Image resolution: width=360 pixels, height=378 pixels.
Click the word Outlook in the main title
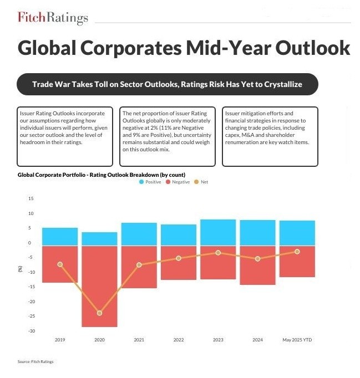pos(305,48)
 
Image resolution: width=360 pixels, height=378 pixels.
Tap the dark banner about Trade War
pos(167,84)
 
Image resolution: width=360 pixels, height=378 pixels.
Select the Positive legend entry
pos(150,182)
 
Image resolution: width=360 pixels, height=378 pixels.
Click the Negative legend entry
pos(178,182)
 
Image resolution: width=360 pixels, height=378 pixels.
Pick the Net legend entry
pos(201,182)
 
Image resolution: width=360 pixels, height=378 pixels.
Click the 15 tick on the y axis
pos(31,198)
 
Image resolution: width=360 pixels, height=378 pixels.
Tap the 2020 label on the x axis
pos(99,340)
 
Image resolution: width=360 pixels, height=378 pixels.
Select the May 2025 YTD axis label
pos(297,340)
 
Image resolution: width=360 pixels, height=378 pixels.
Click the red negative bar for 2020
pos(99,286)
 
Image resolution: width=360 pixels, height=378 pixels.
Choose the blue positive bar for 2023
pos(218,232)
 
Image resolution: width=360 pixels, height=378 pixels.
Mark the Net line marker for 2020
pos(99,313)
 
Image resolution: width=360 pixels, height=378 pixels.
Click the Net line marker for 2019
pos(60,264)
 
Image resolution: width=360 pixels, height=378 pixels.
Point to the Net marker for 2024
pos(257,259)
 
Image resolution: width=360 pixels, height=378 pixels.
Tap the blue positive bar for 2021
pos(139,234)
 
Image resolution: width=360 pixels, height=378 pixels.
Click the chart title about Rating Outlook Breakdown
pos(101,175)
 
